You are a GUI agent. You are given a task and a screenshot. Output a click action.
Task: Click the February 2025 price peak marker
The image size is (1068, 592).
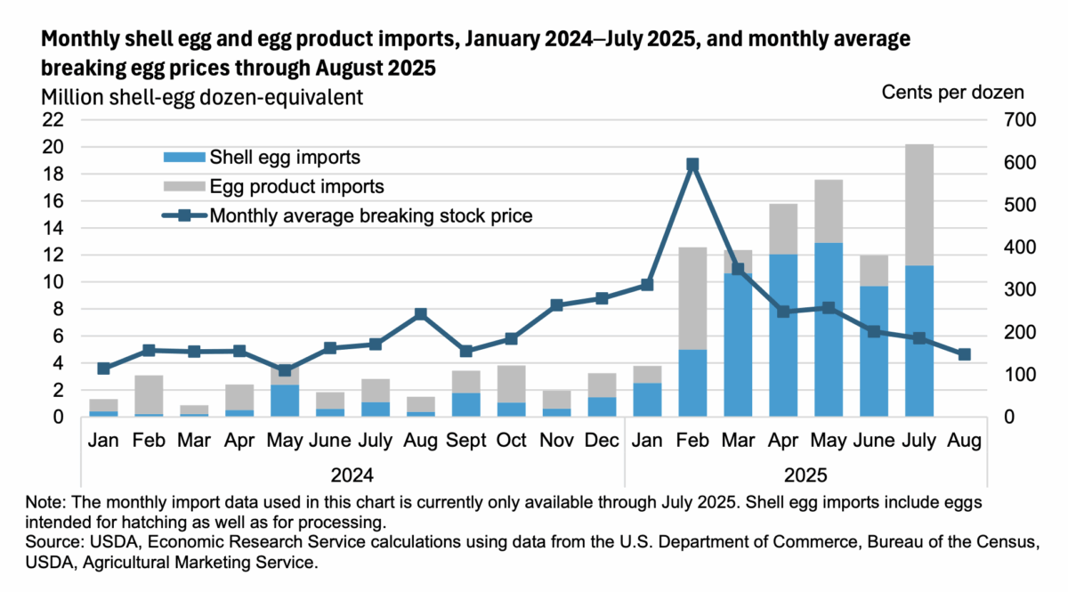click(x=692, y=165)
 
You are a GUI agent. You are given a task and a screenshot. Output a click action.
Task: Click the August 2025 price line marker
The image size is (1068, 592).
click(x=964, y=354)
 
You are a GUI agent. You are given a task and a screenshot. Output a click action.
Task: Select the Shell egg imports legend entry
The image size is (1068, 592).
click(x=284, y=158)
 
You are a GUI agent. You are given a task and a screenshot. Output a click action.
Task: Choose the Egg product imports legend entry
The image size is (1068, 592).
click(x=296, y=186)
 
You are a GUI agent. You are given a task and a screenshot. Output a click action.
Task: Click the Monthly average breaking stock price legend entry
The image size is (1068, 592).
click(x=371, y=215)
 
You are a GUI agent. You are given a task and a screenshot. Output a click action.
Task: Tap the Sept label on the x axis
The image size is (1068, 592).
click(x=466, y=441)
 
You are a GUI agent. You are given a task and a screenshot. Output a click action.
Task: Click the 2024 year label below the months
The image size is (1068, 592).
click(x=352, y=473)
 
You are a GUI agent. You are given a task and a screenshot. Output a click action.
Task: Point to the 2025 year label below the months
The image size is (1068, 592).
click(x=806, y=473)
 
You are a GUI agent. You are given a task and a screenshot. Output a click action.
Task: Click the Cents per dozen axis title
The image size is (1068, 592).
click(x=952, y=92)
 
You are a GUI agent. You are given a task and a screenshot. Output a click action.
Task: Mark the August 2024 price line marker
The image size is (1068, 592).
click(x=421, y=314)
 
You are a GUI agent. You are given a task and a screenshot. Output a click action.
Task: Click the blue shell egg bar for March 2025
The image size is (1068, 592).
click(x=738, y=345)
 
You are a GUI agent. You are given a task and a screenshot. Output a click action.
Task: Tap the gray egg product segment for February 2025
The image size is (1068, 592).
click(x=692, y=298)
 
